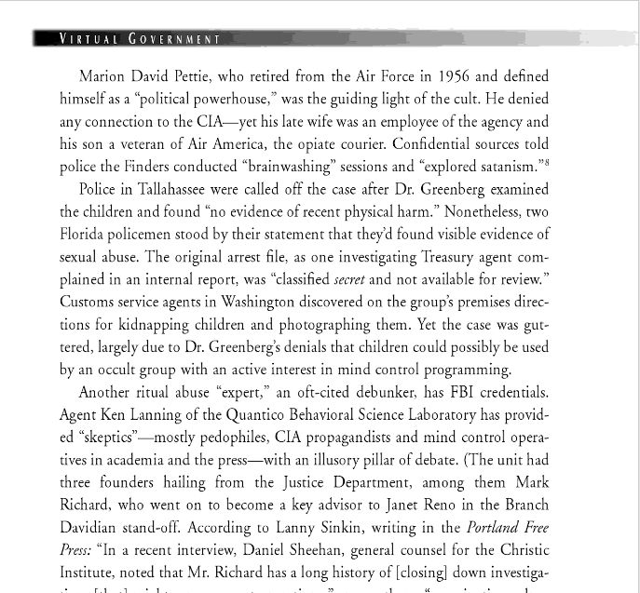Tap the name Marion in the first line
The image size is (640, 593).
coord(104,76)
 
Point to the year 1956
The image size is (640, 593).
coord(453,76)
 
